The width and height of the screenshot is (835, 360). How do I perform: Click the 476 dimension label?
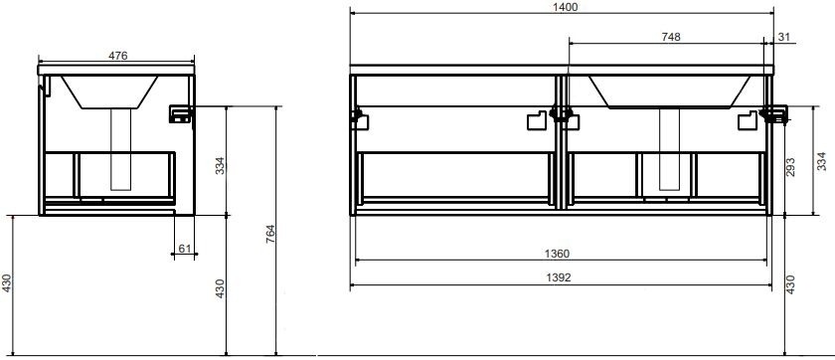(117, 56)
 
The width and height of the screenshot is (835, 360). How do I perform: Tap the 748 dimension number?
(670, 37)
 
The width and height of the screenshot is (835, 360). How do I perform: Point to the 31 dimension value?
(784, 37)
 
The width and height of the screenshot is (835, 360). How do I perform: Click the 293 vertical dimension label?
(790, 167)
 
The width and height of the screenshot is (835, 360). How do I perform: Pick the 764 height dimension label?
(270, 235)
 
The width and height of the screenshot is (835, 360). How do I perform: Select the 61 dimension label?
(184, 249)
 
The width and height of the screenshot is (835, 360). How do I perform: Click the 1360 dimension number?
(557, 254)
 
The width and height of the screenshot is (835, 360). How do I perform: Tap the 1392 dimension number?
(558, 277)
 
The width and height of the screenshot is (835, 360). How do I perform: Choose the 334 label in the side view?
(220, 166)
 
